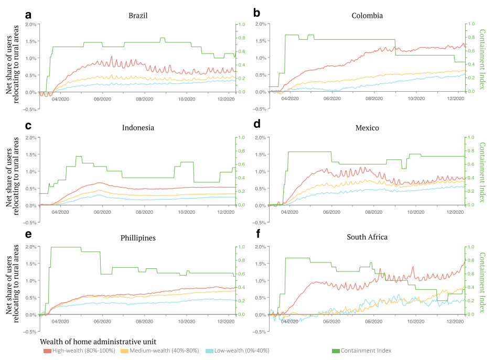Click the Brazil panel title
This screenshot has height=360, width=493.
click(138, 16)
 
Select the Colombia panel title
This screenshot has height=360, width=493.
click(367, 16)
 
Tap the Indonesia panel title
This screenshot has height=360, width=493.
click(138, 128)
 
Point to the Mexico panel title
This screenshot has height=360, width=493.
click(367, 128)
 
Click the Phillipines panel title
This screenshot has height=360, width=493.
click(138, 238)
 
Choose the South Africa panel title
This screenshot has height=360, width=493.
click(367, 237)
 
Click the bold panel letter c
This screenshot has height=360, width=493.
click(28, 126)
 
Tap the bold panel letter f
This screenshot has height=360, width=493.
click(259, 234)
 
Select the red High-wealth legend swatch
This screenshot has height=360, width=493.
click(47, 351)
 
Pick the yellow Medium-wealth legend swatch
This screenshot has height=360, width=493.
click(124, 351)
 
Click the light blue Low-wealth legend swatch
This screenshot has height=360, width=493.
click(209, 351)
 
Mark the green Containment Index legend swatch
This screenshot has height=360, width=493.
click(336, 351)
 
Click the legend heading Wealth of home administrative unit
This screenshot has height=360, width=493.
click(98, 342)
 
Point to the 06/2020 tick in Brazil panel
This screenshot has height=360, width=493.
click(102, 99)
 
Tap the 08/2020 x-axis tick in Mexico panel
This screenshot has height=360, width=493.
click(373, 212)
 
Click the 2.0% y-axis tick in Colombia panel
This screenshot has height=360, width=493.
click(261, 24)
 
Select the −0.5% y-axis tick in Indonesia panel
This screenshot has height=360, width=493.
click(29, 223)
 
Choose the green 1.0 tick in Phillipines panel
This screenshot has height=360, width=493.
click(241, 247)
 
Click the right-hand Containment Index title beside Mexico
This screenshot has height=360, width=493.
click(482, 172)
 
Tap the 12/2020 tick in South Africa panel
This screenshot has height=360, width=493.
click(455, 321)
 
